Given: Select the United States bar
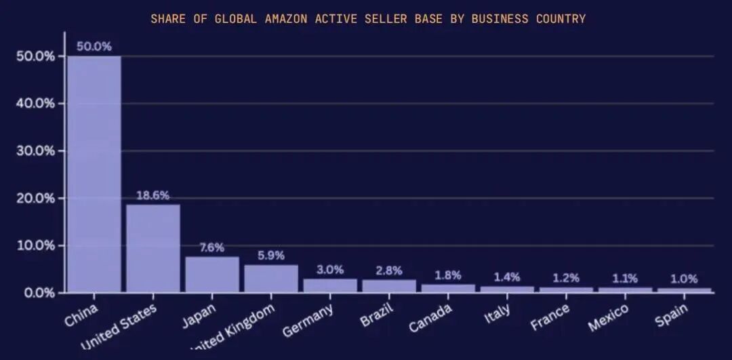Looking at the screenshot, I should pyautogui.click(x=153, y=248).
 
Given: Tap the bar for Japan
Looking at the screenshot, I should pyautogui.click(x=212, y=274).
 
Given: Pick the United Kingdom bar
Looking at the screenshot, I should pyautogui.click(x=271, y=278).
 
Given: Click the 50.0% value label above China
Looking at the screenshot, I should pyautogui.click(x=94, y=47).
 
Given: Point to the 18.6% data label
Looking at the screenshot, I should pyautogui.click(x=153, y=195).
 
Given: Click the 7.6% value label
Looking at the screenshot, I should pyautogui.click(x=212, y=247).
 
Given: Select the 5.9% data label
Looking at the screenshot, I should pyautogui.click(x=271, y=256).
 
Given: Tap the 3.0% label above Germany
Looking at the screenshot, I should pyautogui.click(x=330, y=269).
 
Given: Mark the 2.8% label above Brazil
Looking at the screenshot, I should pyautogui.click(x=389, y=271).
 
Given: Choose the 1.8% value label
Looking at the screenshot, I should pyautogui.click(x=448, y=275).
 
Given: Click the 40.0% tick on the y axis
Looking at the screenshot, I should pyautogui.click(x=35, y=104).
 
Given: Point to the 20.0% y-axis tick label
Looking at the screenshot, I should pyautogui.click(x=35, y=199).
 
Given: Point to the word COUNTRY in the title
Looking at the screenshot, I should pyautogui.click(x=561, y=18).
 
